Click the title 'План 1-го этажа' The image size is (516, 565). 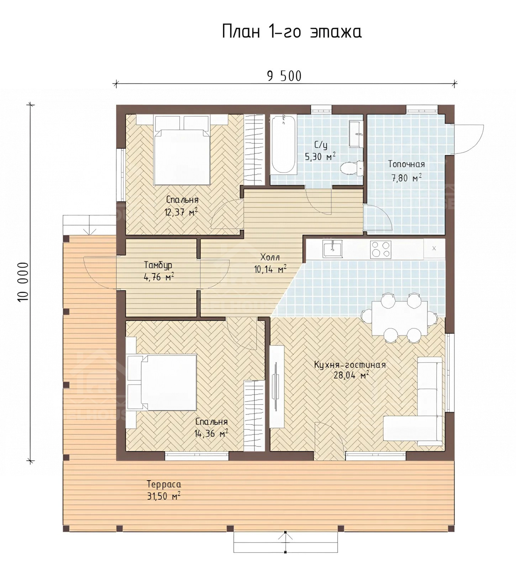click(292, 31)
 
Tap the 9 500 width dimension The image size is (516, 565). click(284, 76)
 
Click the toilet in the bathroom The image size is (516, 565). click(352, 168)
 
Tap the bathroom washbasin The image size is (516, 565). click(356, 134)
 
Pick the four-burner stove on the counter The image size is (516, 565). click(380, 249)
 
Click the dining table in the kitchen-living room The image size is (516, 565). click(399, 318)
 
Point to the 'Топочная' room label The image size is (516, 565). click(406, 164)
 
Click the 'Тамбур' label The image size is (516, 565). click(158, 265)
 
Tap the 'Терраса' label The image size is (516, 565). click(164, 484)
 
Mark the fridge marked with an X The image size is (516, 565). click(434, 248)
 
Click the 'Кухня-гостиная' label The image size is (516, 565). click(350, 365)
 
